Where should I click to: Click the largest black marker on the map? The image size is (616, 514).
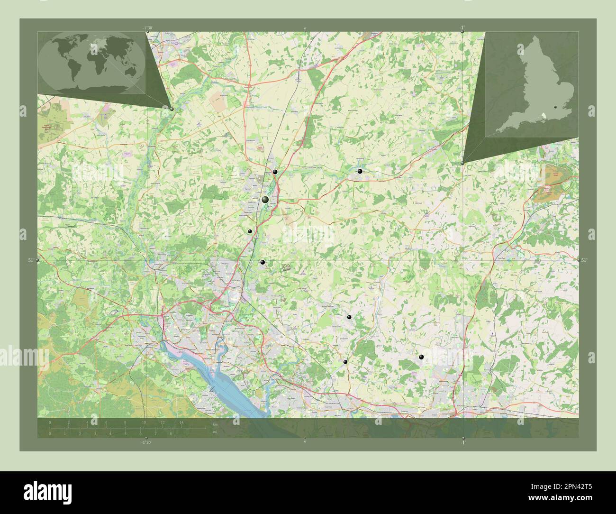click(x=265, y=200)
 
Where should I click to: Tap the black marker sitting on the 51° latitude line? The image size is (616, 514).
click(x=263, y=262)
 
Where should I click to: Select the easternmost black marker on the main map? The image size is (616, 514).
click(x=421, y=357)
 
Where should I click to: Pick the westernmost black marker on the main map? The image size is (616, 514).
click(x=250, y=231)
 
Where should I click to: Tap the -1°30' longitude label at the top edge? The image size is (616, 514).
click(x=148, y=28)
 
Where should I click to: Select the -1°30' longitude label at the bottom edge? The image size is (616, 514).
click(x=147, y=442)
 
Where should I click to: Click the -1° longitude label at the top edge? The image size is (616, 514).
click(x=462, y=28)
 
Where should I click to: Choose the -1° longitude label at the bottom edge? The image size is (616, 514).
click(x=463, y=442)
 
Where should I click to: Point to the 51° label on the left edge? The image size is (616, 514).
click(x=31, y=260)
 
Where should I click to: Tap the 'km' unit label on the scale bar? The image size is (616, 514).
click(x=215, y=424)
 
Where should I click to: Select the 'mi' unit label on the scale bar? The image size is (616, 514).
click(x=215, y=432)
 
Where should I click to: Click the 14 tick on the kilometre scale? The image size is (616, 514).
click(x=181, y=422)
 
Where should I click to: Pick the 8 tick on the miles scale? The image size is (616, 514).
click(x=171, y=434)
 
